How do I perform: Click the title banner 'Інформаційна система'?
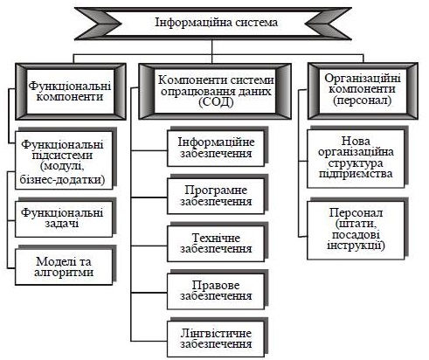(213, 24)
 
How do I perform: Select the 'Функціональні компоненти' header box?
(71, 92)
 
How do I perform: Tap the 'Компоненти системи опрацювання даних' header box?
(215, 91)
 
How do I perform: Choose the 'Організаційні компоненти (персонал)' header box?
(363, 91)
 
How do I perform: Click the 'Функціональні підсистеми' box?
(64, 161)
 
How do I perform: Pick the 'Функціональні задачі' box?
(64, 218)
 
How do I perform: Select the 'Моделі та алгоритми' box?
(64, 267)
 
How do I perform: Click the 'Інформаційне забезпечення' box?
(216, 149)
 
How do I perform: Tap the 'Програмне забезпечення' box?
(216, 196)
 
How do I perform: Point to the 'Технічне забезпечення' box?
(216, 244)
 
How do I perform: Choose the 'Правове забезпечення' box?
(216, 291)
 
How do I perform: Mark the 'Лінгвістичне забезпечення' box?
(216, 339)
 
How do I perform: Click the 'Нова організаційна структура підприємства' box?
(356, 158)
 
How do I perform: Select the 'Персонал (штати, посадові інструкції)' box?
(356, 230)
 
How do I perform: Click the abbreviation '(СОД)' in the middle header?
(216, 102)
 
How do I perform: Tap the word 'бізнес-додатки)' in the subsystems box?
(62, 179)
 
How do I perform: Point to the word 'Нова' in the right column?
(356, 141)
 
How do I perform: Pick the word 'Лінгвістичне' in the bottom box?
(216, 333)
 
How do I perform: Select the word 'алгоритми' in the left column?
(64, 273)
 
